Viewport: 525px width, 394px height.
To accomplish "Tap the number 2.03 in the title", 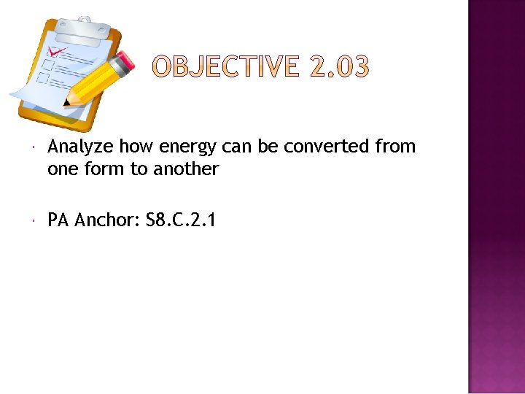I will point(341,68).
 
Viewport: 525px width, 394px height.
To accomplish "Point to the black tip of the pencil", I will point(67,104).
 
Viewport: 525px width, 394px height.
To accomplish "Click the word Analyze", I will point(81,147).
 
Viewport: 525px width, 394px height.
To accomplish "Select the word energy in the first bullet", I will point(187,147).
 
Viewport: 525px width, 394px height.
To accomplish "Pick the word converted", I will point(327,147).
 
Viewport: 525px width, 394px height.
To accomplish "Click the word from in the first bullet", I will point(395,147).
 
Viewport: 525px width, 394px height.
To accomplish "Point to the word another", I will point(187,169).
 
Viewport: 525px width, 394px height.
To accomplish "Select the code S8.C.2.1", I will point(180,220).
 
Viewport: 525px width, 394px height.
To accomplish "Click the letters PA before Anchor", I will point(58,220).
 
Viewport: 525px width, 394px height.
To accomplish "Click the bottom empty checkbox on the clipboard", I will point(42,78).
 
